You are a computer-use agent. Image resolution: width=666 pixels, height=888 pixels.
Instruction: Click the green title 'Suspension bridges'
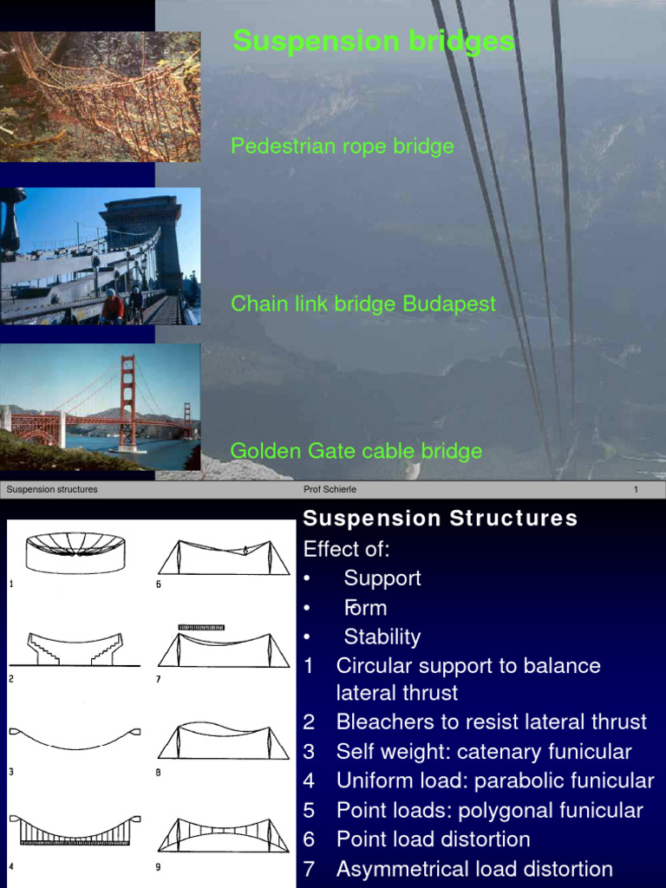(x=374, y=41)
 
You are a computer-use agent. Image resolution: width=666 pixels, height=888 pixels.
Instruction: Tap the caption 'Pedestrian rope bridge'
(x=343, y=146)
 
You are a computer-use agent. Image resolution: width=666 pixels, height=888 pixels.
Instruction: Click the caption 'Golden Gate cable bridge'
(x=356, y=451)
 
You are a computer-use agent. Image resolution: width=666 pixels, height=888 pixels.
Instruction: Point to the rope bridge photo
(x=100, y=97)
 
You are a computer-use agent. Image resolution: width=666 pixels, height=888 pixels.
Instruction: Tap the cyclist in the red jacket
(x=112, y=307)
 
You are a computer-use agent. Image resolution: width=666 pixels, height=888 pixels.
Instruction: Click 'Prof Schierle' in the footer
(x=330, y=489)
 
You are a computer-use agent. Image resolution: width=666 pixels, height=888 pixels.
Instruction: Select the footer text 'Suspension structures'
(x=52, y=489)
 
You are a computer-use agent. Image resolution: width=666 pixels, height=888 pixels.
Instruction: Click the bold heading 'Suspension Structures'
(x=440, y=519)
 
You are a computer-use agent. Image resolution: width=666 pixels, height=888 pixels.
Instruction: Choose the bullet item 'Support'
(x=382, y=578)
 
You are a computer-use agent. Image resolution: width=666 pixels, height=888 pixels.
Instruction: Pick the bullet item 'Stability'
(x=382, y=637)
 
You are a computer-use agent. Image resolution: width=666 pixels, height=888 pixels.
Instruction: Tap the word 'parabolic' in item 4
(x=524, y=780)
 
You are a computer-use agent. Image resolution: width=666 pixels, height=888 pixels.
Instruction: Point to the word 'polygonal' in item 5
(x=531, y=811)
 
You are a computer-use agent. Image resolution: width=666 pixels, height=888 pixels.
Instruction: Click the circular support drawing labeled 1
(x=75, y=552)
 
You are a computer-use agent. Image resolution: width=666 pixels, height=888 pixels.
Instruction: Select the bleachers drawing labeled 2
(x=75, y=649)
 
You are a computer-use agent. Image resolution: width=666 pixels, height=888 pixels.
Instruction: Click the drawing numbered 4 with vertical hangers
(x=75, y=830)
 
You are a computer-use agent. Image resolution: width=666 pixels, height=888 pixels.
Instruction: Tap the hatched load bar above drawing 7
(x=201, y=626)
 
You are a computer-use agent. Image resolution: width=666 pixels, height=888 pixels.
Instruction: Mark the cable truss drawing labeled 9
(x=224, y=834)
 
